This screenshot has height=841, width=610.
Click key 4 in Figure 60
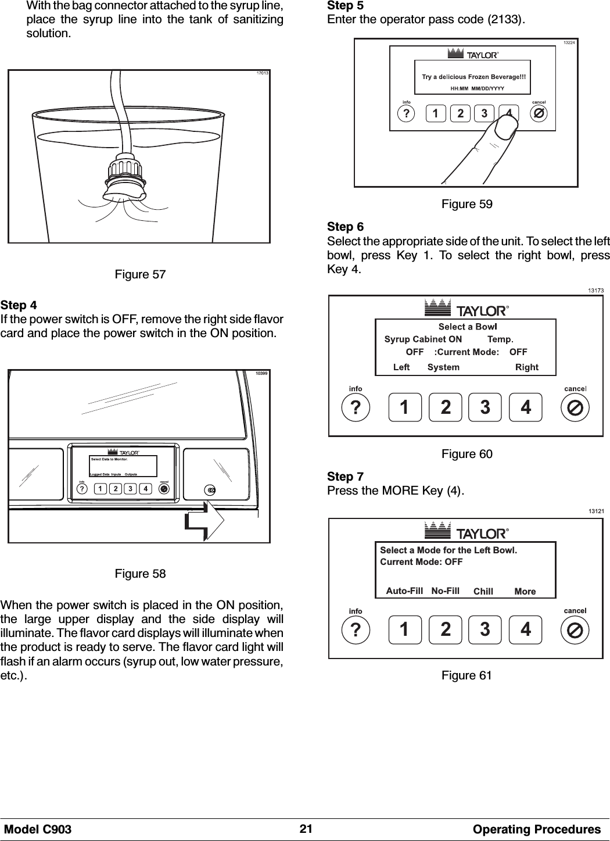525,407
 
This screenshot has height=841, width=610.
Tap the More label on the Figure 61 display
525,591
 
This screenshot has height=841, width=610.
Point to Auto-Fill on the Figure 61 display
404,591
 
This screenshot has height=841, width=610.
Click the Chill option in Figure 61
483,591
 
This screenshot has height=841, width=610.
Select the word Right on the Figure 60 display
526,367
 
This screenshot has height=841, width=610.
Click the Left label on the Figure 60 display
401,367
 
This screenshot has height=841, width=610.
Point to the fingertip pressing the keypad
503,124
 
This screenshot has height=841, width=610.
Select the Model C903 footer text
38,829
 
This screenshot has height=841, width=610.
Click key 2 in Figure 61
445,630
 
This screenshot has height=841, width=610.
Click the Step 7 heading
340,477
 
